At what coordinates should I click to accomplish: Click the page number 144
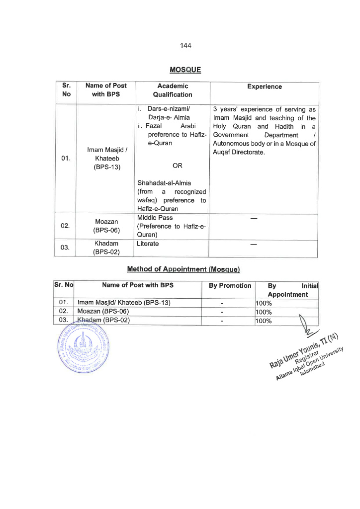pos(185,46)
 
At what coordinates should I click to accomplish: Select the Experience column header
pos(264,87)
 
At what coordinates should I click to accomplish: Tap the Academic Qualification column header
pos(173,90)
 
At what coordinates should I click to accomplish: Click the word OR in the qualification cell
pos(177,166)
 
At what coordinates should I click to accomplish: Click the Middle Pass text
pos(155,218)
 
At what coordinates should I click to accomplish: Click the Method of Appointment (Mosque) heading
pos(183,269)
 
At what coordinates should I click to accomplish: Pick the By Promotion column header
pos(230,286)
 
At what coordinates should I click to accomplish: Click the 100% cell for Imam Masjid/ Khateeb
pos(263,303)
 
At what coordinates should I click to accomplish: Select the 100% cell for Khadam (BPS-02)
pos(263,321)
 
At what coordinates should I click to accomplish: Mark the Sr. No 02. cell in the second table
pos(63,312)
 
